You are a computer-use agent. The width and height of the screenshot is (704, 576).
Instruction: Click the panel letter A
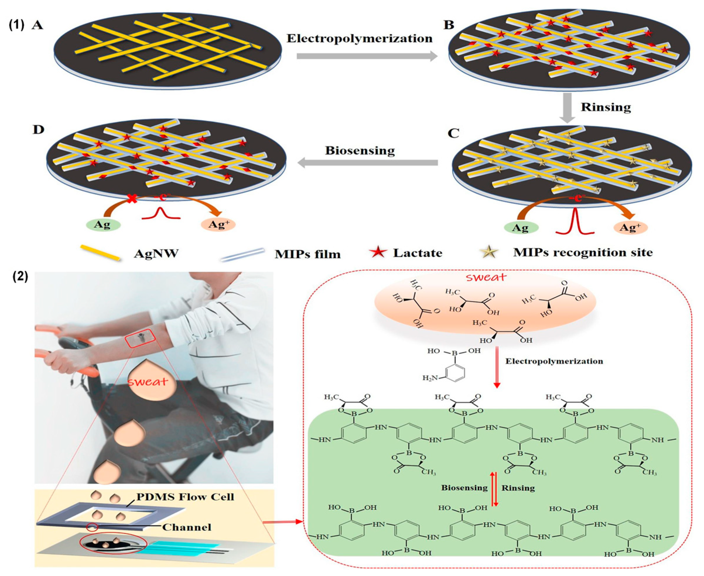pos(37,25)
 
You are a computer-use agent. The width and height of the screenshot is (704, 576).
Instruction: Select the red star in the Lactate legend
pos(378,253)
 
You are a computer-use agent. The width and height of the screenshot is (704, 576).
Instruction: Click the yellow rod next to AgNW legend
pos(100,253)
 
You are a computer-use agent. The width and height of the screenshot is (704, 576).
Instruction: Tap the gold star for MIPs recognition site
pos(490,253)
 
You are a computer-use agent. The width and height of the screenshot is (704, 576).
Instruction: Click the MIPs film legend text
pos(307,254)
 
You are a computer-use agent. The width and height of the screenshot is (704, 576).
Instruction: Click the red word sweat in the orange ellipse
pos(486,277)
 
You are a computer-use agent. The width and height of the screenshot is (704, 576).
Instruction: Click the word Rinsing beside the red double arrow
pos(518,488)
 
